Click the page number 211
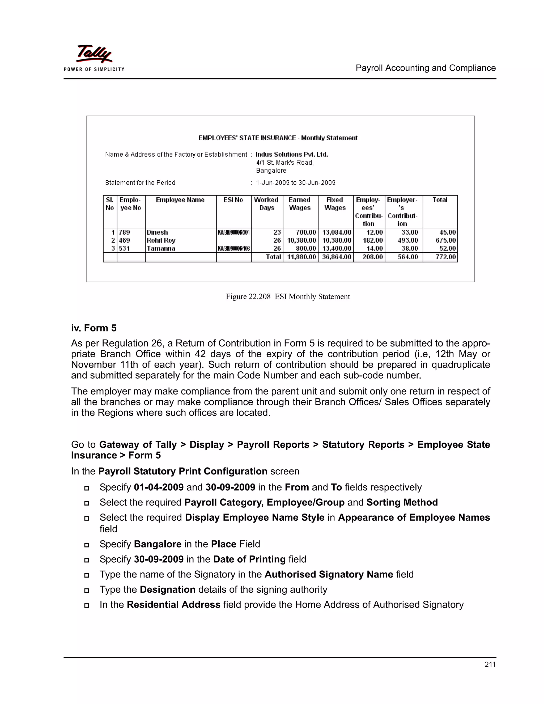click(x=490, y=664)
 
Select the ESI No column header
click(x=233, y=200)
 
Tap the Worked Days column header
click(x=266, y=204)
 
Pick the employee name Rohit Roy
click(x=161, y=240)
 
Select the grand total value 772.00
click(x=445, y=257)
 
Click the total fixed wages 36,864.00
click(x=337, y=257)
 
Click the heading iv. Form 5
click(x=94, y=328)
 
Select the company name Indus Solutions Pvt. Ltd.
click(x=292, y=154)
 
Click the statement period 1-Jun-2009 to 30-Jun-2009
click(x=296, y=183)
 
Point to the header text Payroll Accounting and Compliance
click(x=426, y=68)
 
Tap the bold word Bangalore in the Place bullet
click(x=158, y=544)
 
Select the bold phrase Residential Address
click(x=173, y=604)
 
